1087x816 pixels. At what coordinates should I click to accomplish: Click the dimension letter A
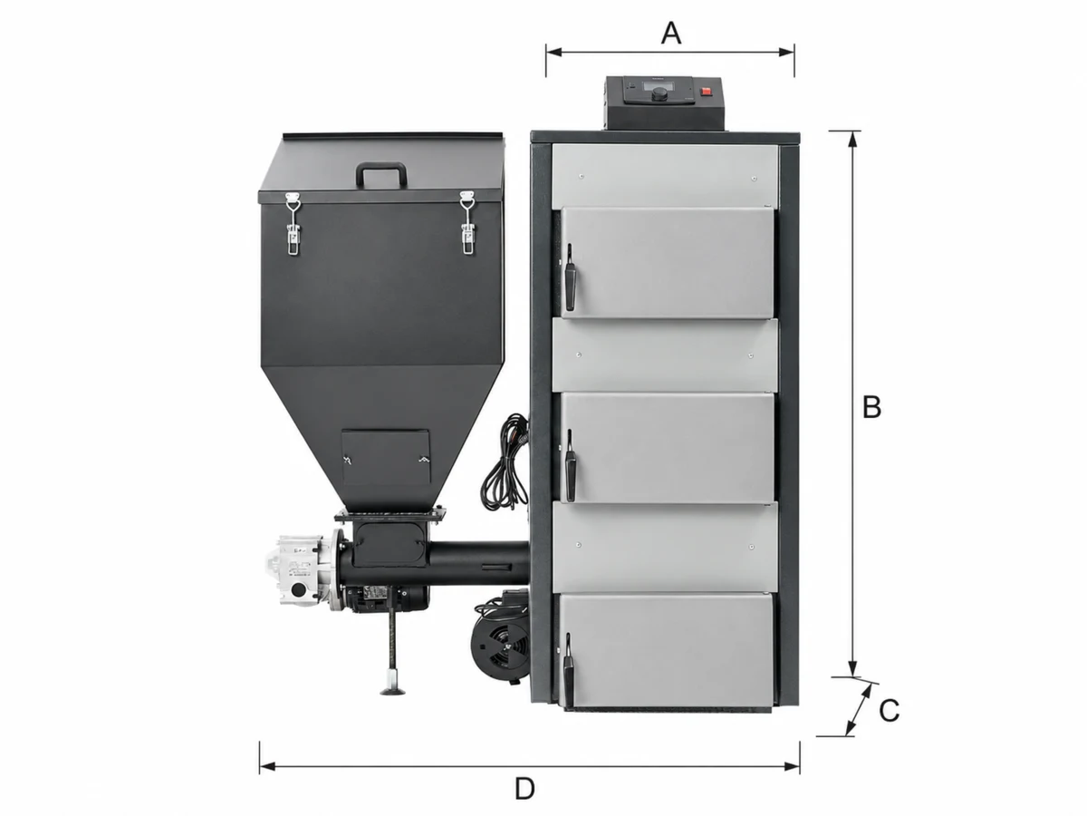(x=671, y=34)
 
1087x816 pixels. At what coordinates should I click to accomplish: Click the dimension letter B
(x=872, y=407)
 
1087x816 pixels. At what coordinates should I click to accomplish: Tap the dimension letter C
(x=889, y=711)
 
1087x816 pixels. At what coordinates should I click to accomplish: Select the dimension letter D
(x=524, y=788)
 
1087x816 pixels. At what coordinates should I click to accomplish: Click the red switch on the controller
(x=705, y=92)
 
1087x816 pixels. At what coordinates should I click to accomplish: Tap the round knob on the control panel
(x=659, y=94)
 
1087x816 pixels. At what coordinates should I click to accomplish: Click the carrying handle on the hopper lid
(x=380, y=174)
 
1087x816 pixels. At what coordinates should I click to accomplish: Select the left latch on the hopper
(x=293, y=223)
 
